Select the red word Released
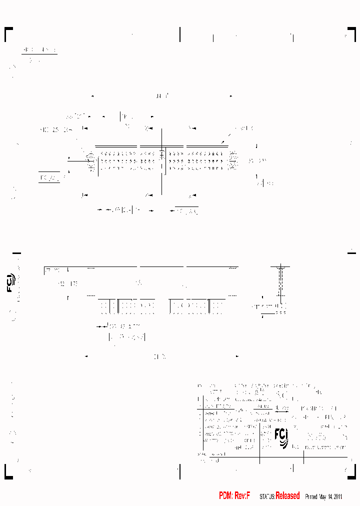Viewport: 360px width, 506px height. [x=287, y=495]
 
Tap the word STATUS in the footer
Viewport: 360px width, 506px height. [x=266, y=496]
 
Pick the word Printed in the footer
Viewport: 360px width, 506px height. [x=311, y=496]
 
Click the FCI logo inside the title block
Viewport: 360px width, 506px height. [x=281, y=436]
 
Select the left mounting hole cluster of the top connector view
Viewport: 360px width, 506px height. [x=91, y=161]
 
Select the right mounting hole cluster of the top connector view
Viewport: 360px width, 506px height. [x=233, y=161]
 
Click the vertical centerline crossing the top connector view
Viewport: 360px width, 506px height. [x=161, y=160]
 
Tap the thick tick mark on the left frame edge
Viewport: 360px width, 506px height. [x=16, y=253]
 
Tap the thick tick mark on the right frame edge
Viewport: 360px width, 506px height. [x=351, y=253]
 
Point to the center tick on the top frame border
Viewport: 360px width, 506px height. [x=180, y=34]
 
